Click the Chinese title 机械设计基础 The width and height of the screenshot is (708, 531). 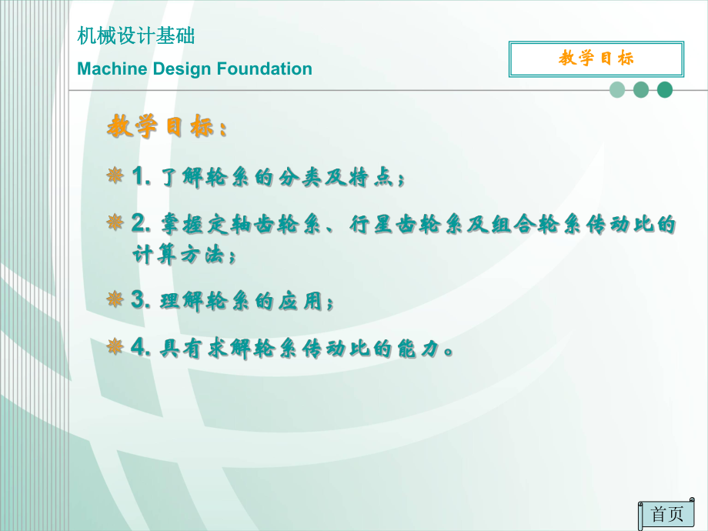[x=136, y=35]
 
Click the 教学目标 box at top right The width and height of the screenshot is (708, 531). [x=596, y=58]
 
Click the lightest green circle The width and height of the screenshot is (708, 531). [x=617, y=90]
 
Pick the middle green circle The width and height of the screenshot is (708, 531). [x=641, y=90]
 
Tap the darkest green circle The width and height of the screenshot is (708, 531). [x=665, y=90]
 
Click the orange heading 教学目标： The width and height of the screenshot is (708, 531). [x=167, y=127]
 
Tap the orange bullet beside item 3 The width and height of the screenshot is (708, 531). [x=115, y=299]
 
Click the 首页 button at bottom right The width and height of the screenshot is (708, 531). [x=666, y=514]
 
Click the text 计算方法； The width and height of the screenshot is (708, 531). [x=185, y=255]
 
